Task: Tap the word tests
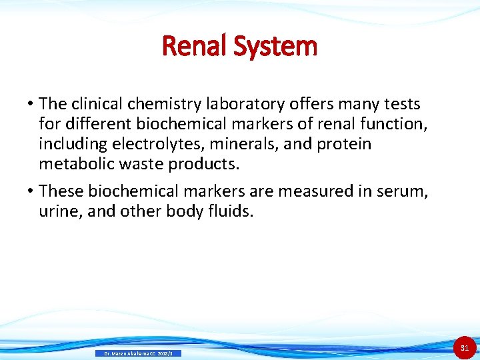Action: click(401, 104)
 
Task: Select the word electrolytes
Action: click(149, 144)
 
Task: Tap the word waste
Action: click(133, 164)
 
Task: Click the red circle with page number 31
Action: click(465, 347)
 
